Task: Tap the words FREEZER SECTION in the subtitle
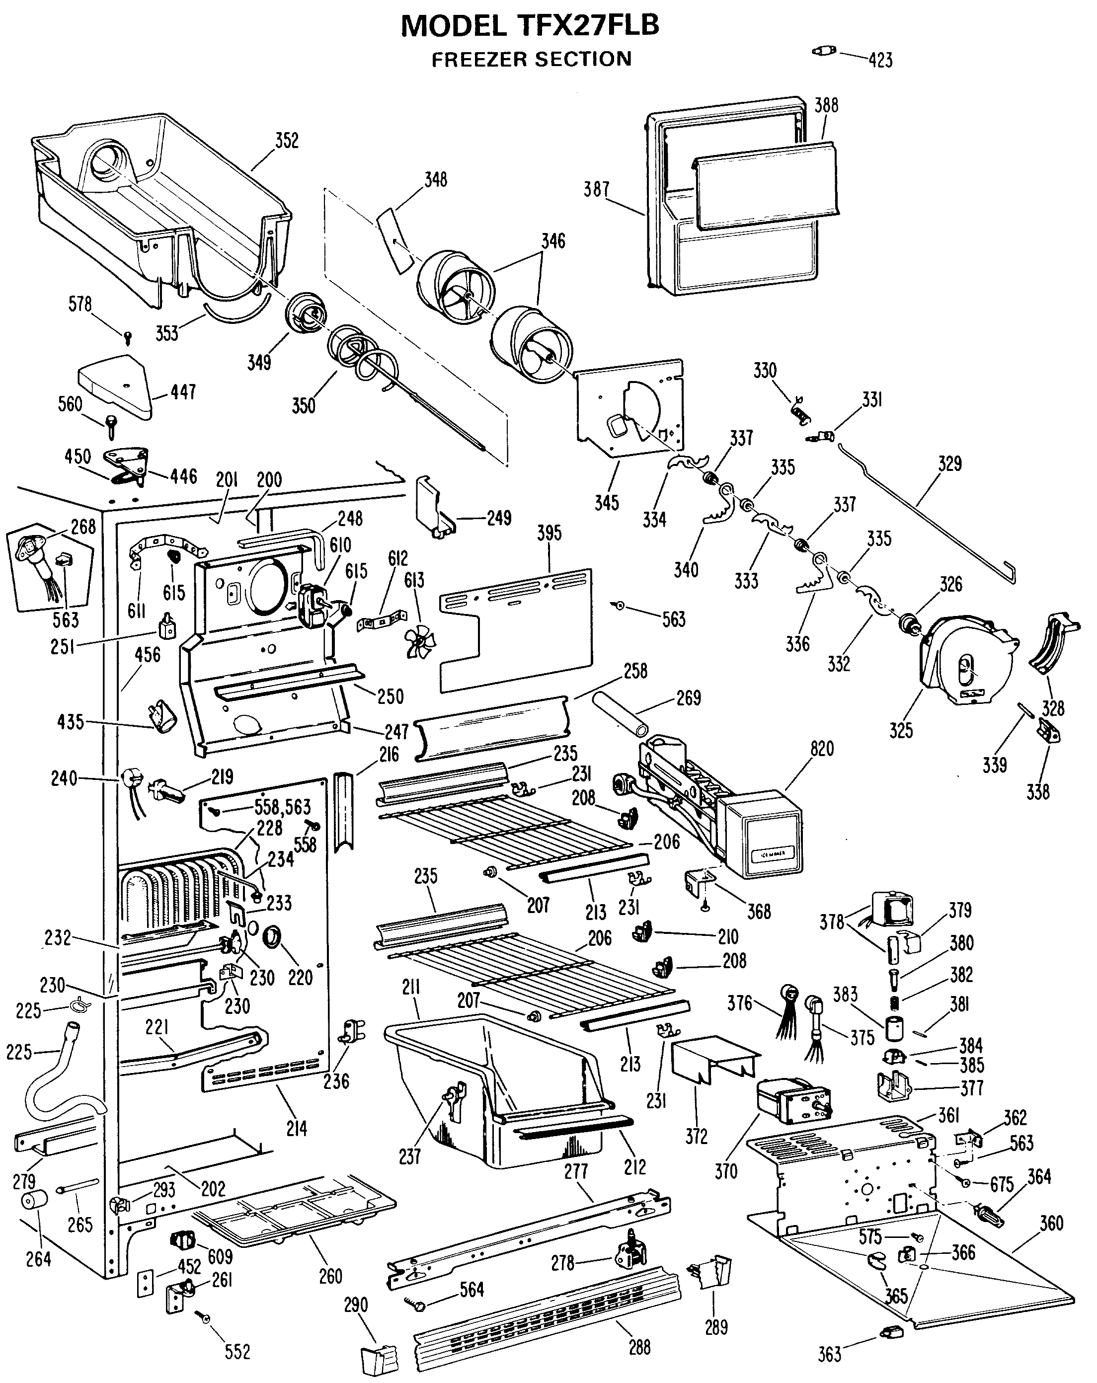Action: (532, 59)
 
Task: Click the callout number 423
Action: (881, 60)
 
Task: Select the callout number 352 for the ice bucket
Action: (287, 141)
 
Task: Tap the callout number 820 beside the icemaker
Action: (822, 749)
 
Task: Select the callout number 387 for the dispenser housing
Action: (596, 189)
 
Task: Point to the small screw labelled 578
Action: (128, 335)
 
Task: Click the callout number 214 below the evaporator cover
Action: (297, 1128)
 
